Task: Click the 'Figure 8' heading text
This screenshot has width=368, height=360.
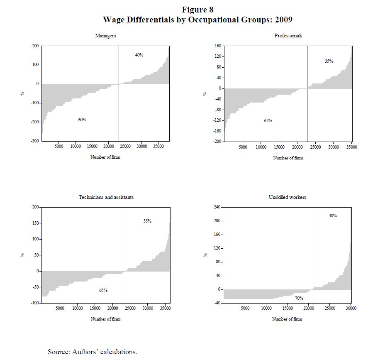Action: pyautogui.click(x=197, y=10)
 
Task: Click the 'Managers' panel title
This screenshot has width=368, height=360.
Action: pyautogui.click(x=105, y=36)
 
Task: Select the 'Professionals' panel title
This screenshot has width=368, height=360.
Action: pyautogui.click(x=288, y=36)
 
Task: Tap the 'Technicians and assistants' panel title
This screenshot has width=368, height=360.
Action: pyautogui.click(x=106, y=197)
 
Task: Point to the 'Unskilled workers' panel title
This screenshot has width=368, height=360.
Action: pyautogui.click(x=288, y=197)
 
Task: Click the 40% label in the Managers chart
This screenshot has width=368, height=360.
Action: pyautogui.click(x=139, y=55)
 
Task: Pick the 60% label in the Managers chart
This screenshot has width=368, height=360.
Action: pyautogui.click(x=82, y=120)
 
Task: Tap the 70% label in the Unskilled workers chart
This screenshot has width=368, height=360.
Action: pyautogui.click(x=299, y=298)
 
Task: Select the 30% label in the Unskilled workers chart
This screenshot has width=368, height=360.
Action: pyautogui.click(x=333, y=216)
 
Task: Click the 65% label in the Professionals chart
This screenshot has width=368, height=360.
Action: pyautogui.click(x=268, y=120)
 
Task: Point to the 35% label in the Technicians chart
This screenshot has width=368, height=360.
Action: pyautogui.click(x=147, y=221)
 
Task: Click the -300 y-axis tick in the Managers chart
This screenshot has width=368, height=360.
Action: pyautogui.click(x=34, y=142)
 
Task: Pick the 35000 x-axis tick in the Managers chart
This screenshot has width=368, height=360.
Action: pyautogui.click(x=158, y=147)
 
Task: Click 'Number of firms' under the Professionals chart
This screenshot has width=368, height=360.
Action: pyautogui.click(x=288, y=158)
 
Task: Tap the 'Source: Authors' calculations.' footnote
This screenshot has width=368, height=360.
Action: pyautogui.click(x=92, y=352)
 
